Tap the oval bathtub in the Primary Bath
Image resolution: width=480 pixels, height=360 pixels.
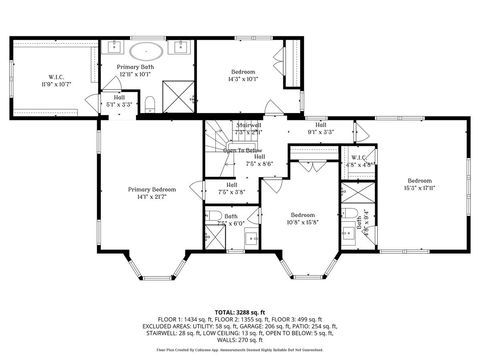click(146, 48)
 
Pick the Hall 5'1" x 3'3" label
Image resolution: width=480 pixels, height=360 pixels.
click(119, 100)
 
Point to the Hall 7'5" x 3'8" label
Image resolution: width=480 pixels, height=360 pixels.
click(232, 187)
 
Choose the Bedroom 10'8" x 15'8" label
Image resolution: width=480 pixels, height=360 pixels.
click(303, 217)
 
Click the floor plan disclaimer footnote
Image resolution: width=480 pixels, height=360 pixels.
click(240, 350)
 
